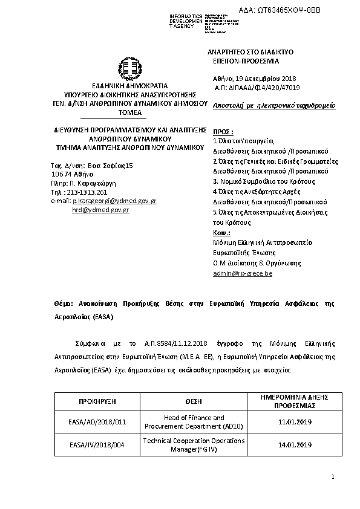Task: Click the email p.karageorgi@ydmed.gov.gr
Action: (114, 200)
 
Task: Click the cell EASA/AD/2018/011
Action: (97, 422)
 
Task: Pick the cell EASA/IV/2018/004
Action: (97, 445)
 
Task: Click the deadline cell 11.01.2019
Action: (295, 422)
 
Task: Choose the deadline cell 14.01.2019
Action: (295, 445)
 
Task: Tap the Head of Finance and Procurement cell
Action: (194, 422)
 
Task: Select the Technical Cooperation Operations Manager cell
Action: (194, 445)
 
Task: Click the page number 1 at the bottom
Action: (333, 478)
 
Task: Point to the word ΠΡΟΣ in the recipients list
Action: (223, 131)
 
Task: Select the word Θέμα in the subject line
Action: (64, 303)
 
